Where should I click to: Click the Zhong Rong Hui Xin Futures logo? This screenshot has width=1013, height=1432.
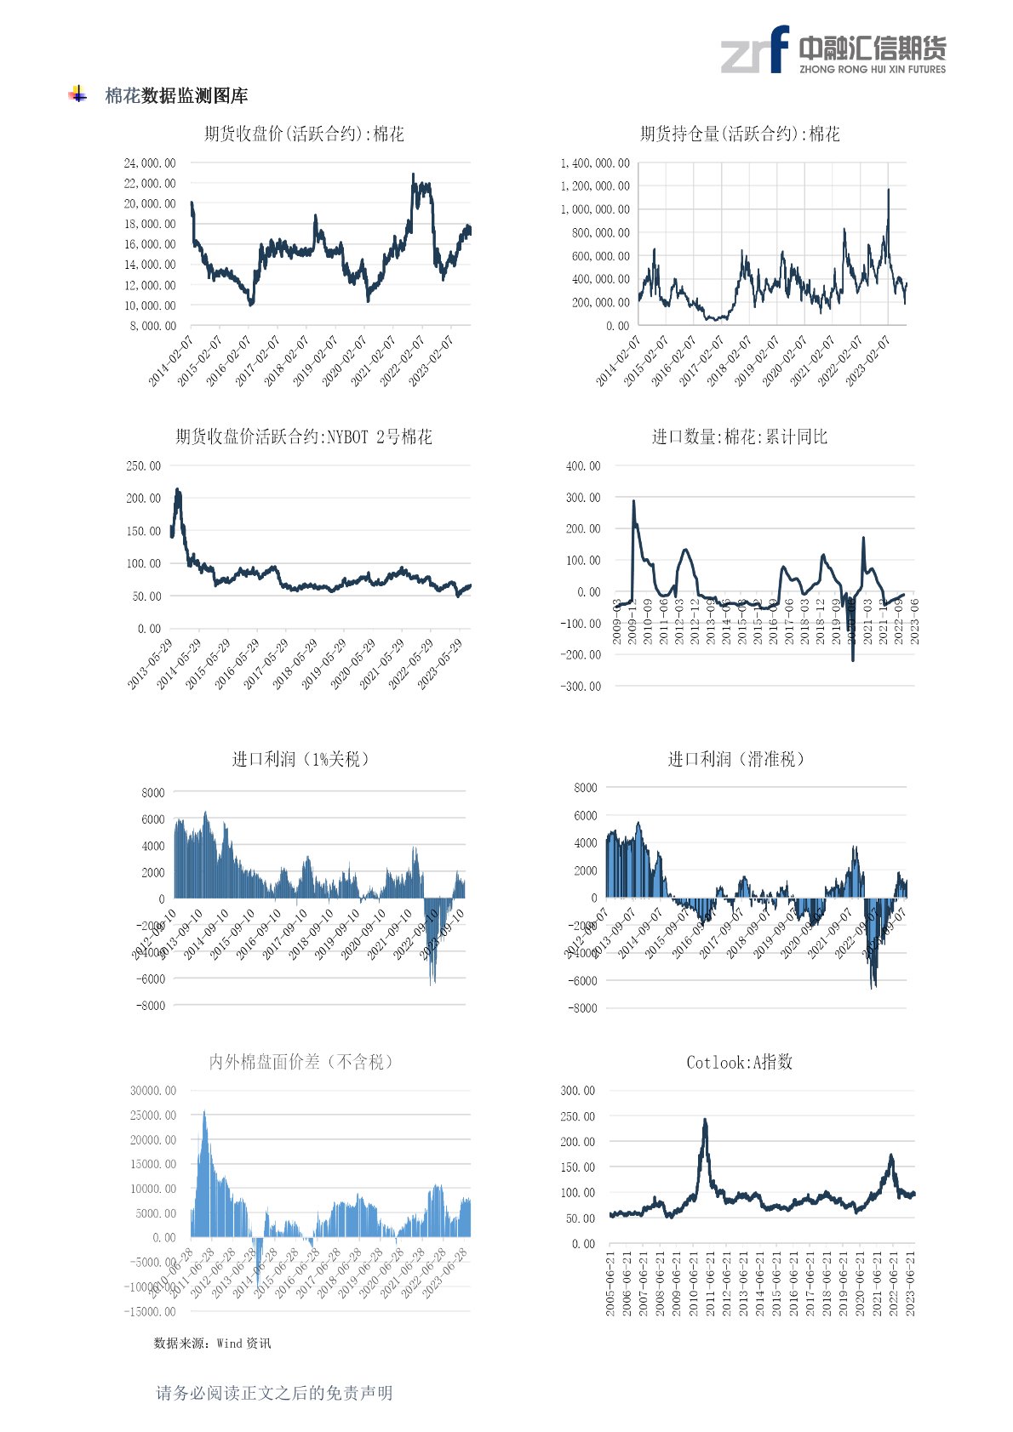point(833,50)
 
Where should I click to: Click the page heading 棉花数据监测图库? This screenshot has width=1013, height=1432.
point(176,96)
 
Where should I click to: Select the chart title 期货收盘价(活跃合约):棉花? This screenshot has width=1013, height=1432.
point(304,134)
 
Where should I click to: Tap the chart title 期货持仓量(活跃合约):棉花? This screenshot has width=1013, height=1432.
point(740,134)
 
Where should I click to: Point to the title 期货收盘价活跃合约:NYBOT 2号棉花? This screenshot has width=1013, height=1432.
point(304,436)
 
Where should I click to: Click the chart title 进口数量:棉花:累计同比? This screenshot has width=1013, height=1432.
point(740,436)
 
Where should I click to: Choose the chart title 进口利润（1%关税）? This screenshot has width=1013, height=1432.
point(302,759)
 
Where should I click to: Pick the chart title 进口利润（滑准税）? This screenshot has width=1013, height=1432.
point(737,759)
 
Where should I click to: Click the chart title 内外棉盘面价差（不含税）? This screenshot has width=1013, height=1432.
point(302,1062)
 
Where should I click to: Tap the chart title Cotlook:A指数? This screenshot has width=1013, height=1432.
point(740,1062)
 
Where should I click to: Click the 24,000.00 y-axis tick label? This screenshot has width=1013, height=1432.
point(150,163)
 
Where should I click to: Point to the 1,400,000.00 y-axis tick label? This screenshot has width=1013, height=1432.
point(595,163)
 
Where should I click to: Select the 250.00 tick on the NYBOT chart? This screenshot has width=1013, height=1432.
point(143,466)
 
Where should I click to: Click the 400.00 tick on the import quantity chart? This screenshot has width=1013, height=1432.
point(583,466)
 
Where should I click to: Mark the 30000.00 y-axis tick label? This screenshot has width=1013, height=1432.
point(153,1091)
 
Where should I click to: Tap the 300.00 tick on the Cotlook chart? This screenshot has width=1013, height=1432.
point(578,1091)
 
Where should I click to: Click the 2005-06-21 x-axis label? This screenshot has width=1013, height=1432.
point(611,1283)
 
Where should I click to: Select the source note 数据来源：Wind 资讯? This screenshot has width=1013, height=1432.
point(212,1344)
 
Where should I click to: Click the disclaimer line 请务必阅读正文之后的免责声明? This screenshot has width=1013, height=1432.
point(274,1393)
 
